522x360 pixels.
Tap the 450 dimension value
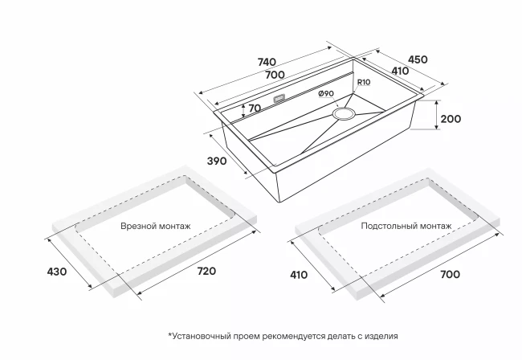click(x=418, y=59)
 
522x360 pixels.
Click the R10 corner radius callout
click(x=362, y=82)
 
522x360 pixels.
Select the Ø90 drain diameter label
click(x=326, y=94)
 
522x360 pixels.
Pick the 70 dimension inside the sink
click(x=255, y=108)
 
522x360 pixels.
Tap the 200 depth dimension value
click(x=451, y=119)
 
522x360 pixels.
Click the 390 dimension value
click(x=217, y=161)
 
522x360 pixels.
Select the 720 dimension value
click(x=206, y=272)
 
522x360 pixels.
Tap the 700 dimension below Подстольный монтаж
click(x=450, y=275)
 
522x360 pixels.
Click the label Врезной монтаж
click(x=155, y=227)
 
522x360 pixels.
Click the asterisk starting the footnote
click(x=170, y=336)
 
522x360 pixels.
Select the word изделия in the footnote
click(x=379, y=336)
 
